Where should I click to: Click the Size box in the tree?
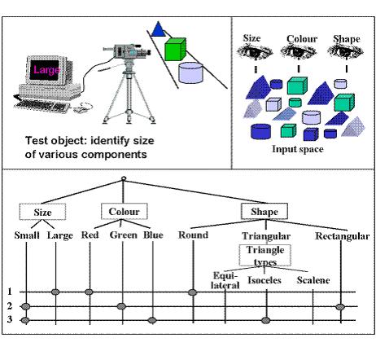point(42,212)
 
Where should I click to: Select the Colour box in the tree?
point(125,211)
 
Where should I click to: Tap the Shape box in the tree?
point(265,211)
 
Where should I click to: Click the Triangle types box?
point(265,256)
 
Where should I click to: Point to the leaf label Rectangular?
point(343,236)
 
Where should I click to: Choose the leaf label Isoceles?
point(265,280)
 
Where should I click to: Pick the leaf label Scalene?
point(313,280)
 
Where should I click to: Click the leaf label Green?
point(124,235)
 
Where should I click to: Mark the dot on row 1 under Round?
point(193,292)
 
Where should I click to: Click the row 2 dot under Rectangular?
point(340,307)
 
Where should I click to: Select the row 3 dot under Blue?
point(152,320)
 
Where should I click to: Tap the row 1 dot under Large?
point(55,292)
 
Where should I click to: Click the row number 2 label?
point(10,306)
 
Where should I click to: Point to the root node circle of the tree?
point(124,178)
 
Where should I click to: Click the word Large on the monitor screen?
point(46,70)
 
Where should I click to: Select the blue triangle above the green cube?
point(158,29)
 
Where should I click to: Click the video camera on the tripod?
point(127,51)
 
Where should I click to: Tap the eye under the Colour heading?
point(299,52)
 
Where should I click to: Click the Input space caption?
point(298,149)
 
